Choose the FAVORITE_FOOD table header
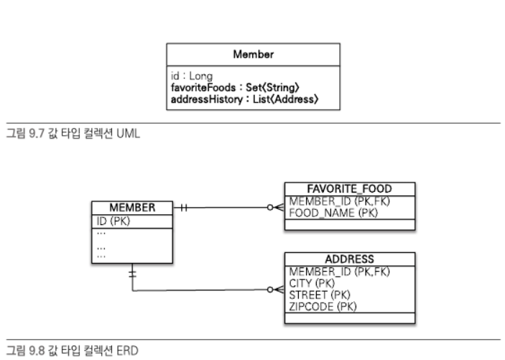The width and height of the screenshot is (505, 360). click(349, 189)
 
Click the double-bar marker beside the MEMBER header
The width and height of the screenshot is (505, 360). click(185, 208)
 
